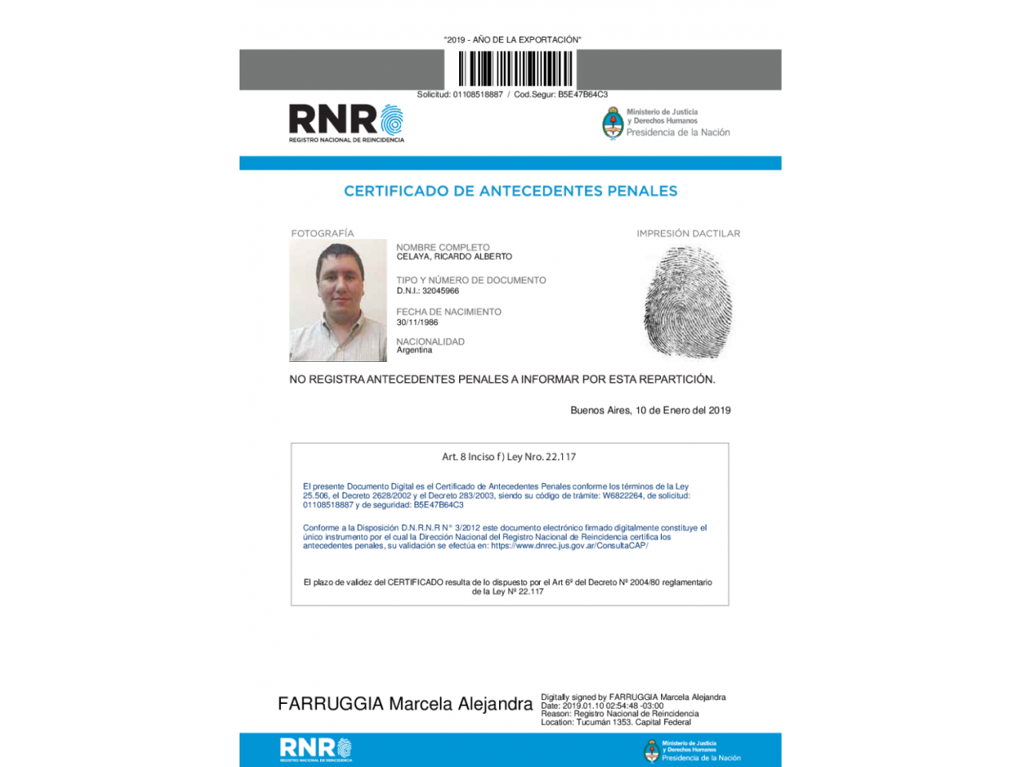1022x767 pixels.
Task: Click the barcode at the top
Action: (x=515, y=68)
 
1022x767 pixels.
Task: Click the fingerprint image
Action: (x=687, y=301)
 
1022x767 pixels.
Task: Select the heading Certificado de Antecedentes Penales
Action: (x=510, y=191)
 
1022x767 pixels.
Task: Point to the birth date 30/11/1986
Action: (x=417, y=322)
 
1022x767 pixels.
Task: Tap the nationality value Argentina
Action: (x=414, y=350)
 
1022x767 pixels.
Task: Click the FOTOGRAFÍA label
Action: (x=322, y=233)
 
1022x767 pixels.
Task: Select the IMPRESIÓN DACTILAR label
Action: (x=687, y=233)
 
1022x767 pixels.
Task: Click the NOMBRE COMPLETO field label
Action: (x=442, y=247)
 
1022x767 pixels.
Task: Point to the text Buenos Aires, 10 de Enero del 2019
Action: (x=650, y=410)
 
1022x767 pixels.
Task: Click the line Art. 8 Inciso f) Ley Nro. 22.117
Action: (x=509, y=457)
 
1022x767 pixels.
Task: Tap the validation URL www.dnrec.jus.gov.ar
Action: (x=569, y=546)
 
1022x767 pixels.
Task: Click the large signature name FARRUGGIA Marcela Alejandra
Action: (x=405, y=704)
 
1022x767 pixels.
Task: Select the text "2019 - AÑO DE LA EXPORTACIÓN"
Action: (x=512, y=40)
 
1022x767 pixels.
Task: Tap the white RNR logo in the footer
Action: (x=315, y=749)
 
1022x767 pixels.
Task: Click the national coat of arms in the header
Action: (x=612, y=123)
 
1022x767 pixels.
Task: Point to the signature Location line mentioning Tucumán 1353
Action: (x=616, y=722)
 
